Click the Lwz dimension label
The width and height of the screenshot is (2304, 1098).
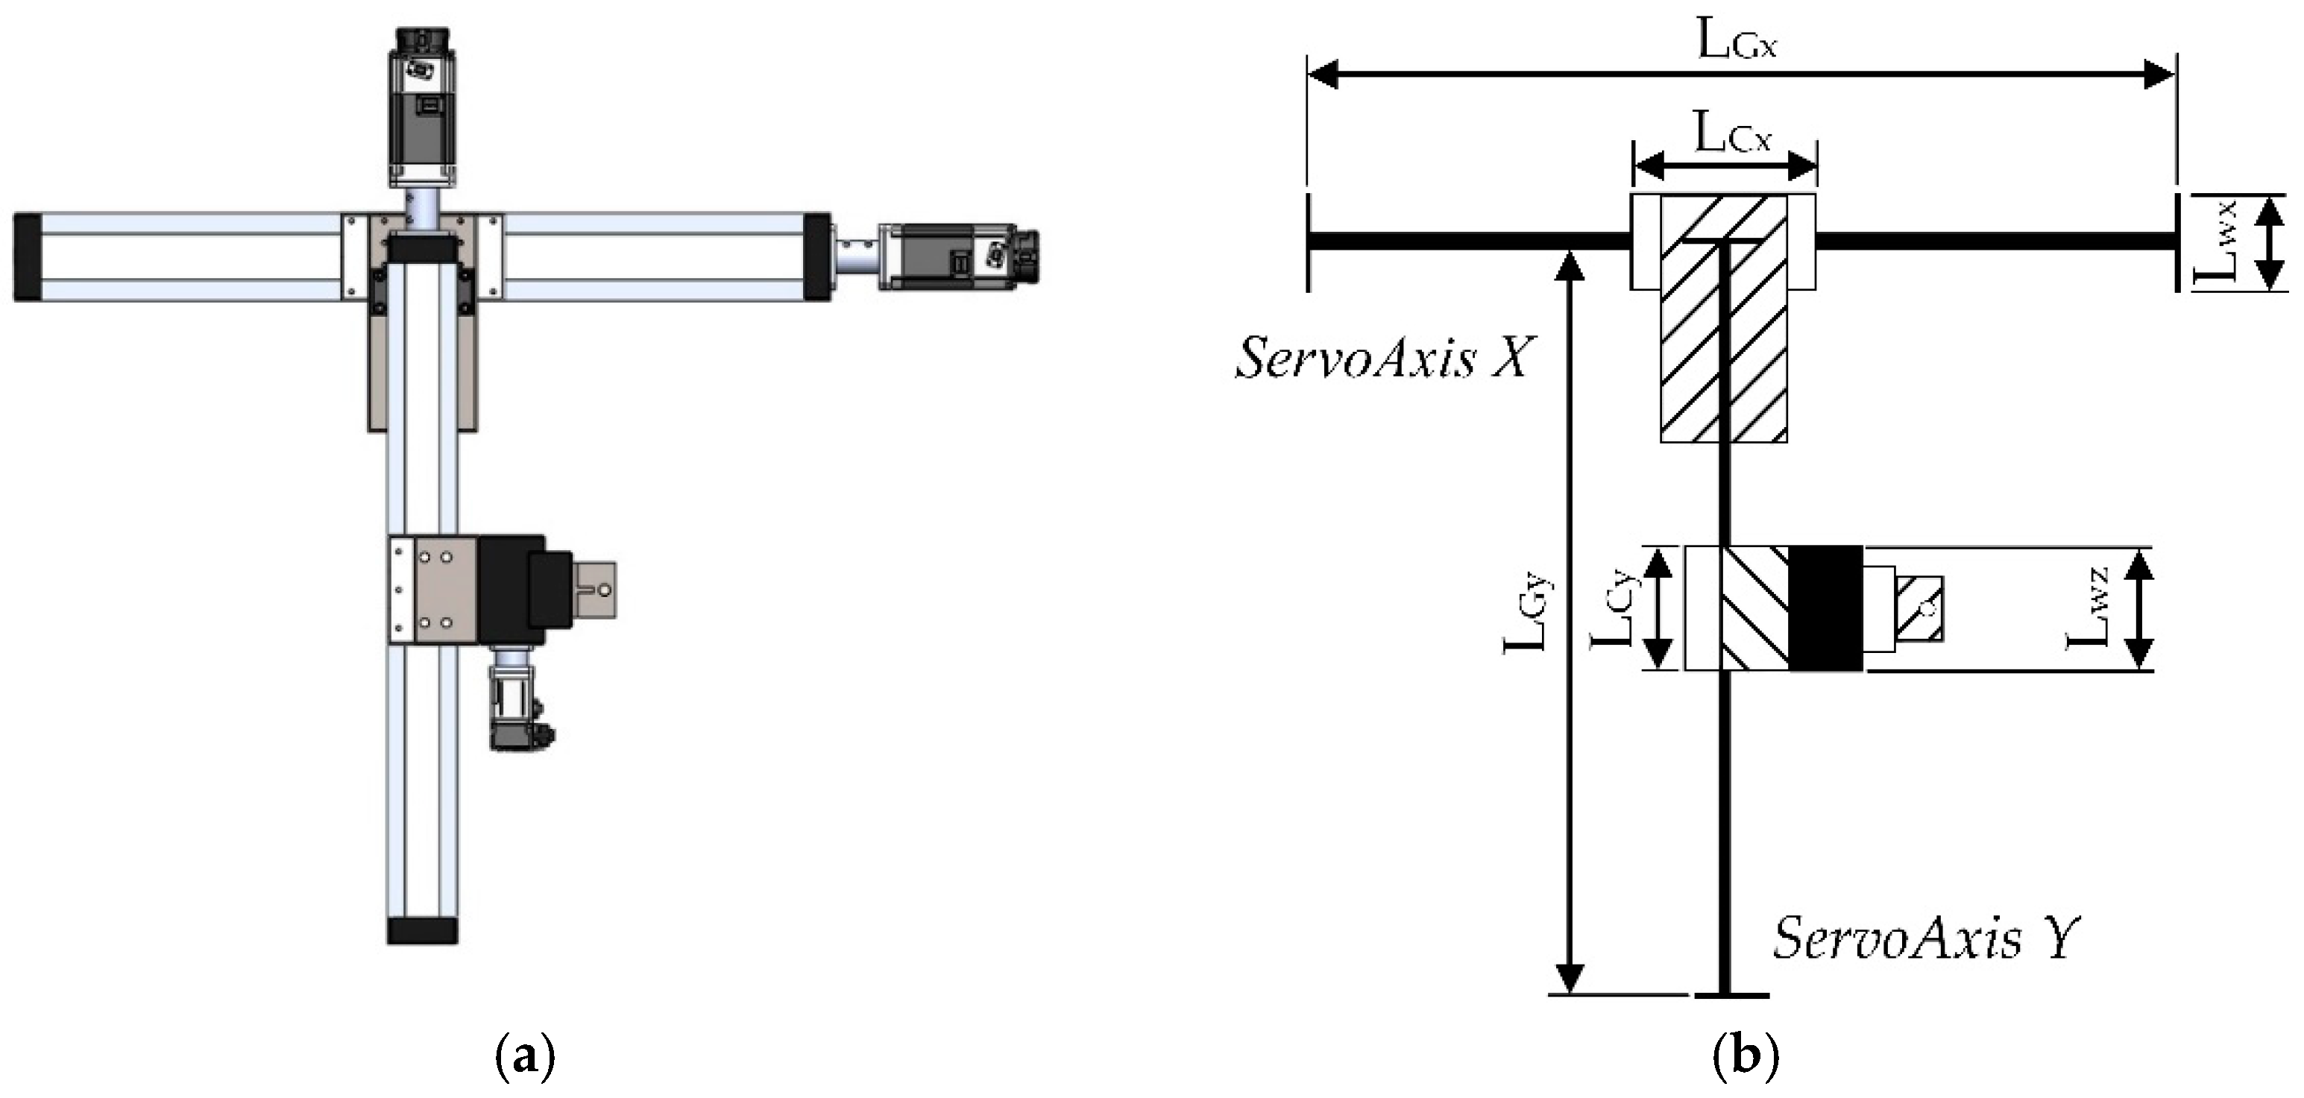2089,608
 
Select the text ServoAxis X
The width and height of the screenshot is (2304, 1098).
1384,359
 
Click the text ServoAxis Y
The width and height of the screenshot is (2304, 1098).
1926,938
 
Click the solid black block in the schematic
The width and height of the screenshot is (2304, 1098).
1825,608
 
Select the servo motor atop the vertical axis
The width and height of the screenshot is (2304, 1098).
422,107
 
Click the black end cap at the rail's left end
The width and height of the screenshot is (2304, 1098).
27,256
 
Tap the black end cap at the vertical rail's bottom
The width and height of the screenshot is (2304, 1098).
422,930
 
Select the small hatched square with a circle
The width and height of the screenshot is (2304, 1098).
1919,608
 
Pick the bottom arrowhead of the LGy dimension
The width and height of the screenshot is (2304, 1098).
1570,976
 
